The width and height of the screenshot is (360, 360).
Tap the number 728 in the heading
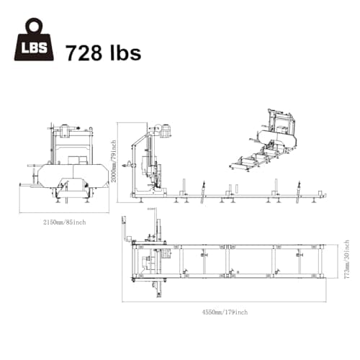coord(84,53)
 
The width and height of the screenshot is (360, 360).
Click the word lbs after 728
coord(125,52)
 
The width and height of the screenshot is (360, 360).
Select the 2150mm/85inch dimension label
coord(64,222)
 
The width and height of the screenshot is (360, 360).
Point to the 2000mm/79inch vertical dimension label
coord(114,161)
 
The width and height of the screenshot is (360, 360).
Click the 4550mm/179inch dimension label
coord(225,312)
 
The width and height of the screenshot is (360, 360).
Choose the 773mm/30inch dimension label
coord(346,259)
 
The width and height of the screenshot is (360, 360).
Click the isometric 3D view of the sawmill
coord(265,140)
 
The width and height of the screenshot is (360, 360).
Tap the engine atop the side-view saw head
coord(166,131)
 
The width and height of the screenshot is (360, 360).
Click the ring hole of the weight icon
coord(34,27)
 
